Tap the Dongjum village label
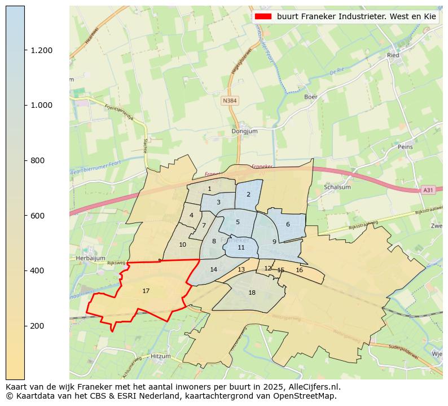pos(244,132)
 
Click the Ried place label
pos(393,55)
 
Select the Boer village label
pos(311,97)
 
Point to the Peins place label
pos(405,147)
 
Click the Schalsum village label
pos(338,187)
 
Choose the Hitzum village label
pos(160,356)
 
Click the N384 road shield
pos(230,101)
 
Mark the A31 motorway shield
pos(428,190)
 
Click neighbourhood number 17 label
pos(146,291)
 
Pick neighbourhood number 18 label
pos(252,293)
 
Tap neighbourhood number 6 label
pos(288,224)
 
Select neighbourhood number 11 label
pos(241,247)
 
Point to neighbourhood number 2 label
pos(248,194)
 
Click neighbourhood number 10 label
pos(182,245)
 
